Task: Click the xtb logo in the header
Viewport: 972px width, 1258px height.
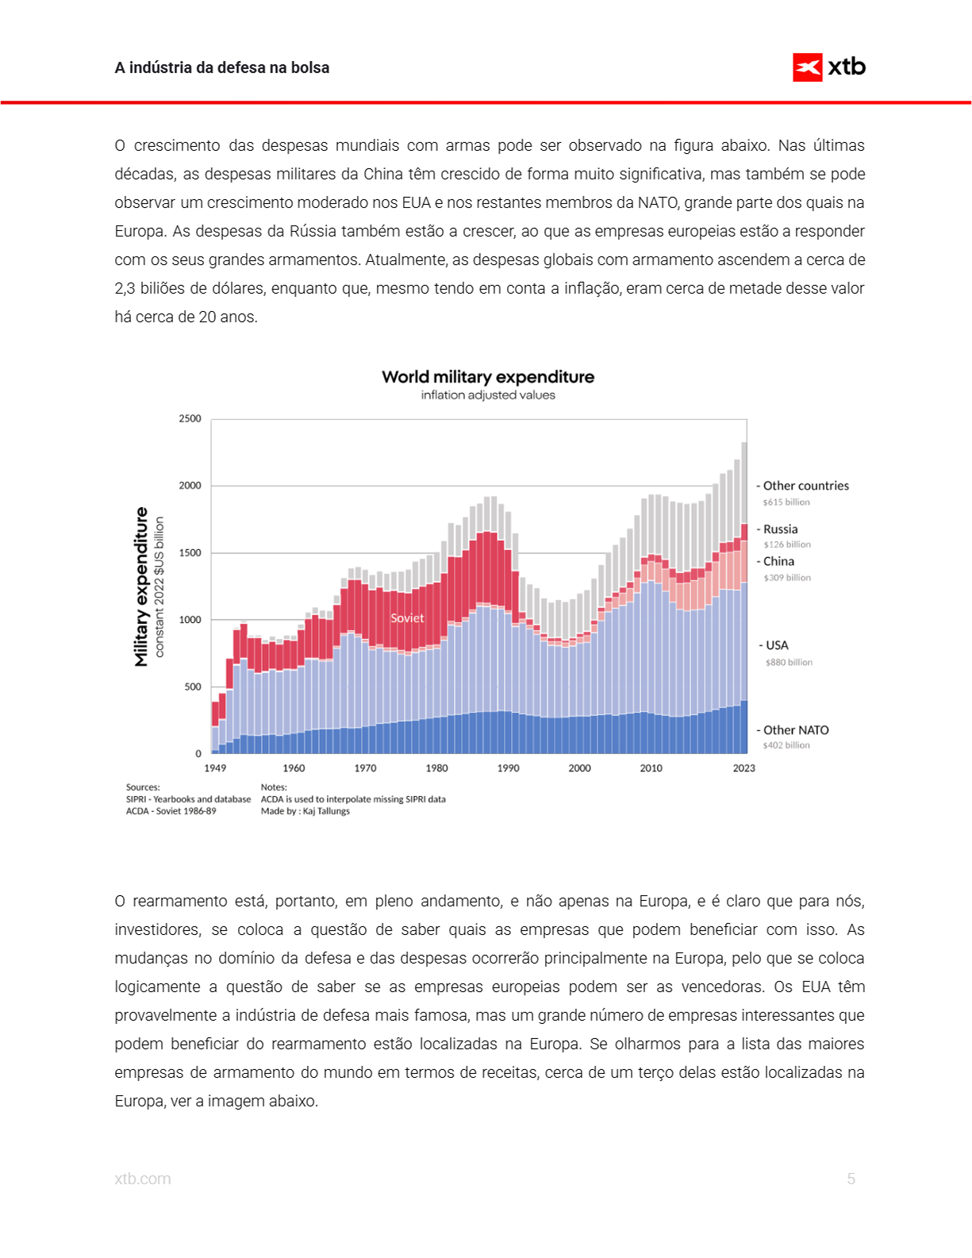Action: click(x=828, y=67)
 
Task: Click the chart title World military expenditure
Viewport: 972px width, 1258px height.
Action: click(x=487, y=377)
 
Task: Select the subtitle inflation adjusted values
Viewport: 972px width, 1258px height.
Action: click(x=487, y=395)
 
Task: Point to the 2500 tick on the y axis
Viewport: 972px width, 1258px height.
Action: click(x=190, y=418)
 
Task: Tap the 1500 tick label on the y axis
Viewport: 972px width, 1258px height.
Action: click(x=190, y=552)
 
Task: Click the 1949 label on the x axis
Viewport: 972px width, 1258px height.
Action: click(x=215, y=768)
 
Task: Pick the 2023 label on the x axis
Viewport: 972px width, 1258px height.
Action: click(x=743, y=768)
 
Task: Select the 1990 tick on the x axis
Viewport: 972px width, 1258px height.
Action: click(x=508, y=768)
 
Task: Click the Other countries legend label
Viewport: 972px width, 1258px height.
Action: click(x=805, y=486)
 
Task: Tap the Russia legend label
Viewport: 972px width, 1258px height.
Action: click(x=780, y=529)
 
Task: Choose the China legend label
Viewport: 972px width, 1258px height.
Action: click(x=778, y=561)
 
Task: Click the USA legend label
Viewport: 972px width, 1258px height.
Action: click(x=777, y=645)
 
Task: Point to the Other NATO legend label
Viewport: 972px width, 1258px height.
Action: click(x=796, y=730)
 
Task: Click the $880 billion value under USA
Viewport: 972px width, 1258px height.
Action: click(x=789, y=662)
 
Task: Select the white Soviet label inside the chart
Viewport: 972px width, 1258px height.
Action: click(x=407, y=618)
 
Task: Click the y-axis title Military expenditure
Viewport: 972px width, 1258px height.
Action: click(x=141, y=587)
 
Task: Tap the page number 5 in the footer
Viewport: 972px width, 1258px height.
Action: click(x=851, y=1179)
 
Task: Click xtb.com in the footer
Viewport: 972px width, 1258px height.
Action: click(x=143, y=1179)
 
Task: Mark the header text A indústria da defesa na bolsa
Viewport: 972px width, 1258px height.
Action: click(x=222, y=67)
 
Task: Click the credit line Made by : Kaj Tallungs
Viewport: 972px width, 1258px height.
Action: click(x=305, y=811)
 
